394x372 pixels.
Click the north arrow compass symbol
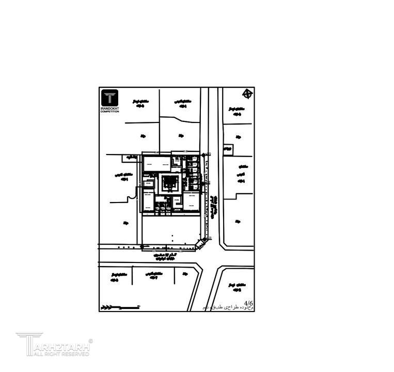(248, 94)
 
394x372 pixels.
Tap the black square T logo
(109, 98)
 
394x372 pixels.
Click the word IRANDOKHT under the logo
(109, 109)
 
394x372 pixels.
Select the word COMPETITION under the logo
(109, 112)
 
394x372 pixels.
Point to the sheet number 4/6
(248, 303)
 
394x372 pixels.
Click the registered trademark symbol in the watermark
(91, 340)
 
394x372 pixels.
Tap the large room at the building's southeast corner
(192, 202)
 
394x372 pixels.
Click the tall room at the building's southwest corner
(148, 202)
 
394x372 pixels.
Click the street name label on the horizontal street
(166, 256)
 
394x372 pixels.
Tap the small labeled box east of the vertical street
(228, 149)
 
